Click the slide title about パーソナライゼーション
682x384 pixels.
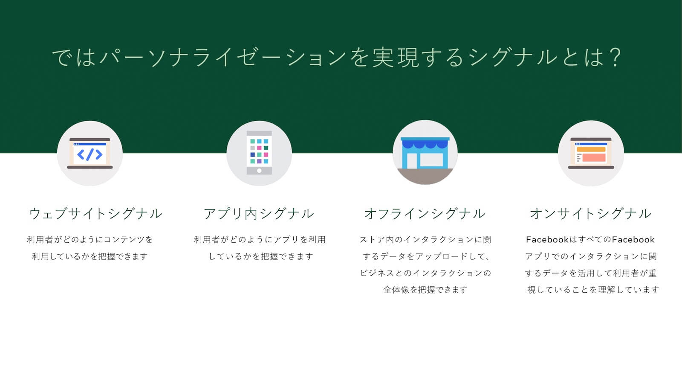point(337,57)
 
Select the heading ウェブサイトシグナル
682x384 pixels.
point(95,214)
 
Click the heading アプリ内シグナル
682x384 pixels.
point(258,214)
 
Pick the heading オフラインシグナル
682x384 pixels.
point(425,214)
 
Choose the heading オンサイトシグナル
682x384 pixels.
point(591,214)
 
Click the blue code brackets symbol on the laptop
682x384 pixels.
point(90,154)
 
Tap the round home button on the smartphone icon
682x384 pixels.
point(259,171)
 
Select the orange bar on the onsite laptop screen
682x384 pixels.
point(591,149)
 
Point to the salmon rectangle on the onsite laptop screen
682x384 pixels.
point(594,157)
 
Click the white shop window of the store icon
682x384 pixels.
point(431,160)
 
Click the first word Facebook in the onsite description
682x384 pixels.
point(547,239)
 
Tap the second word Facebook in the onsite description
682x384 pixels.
point(633,239)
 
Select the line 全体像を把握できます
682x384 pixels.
point(425,290)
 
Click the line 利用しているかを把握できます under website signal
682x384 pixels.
point(90,256)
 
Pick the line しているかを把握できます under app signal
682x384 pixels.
point(261,256)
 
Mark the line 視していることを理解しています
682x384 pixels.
point(593,290)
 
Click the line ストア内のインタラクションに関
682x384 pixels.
point(425,239)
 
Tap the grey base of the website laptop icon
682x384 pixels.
point(90,167)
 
